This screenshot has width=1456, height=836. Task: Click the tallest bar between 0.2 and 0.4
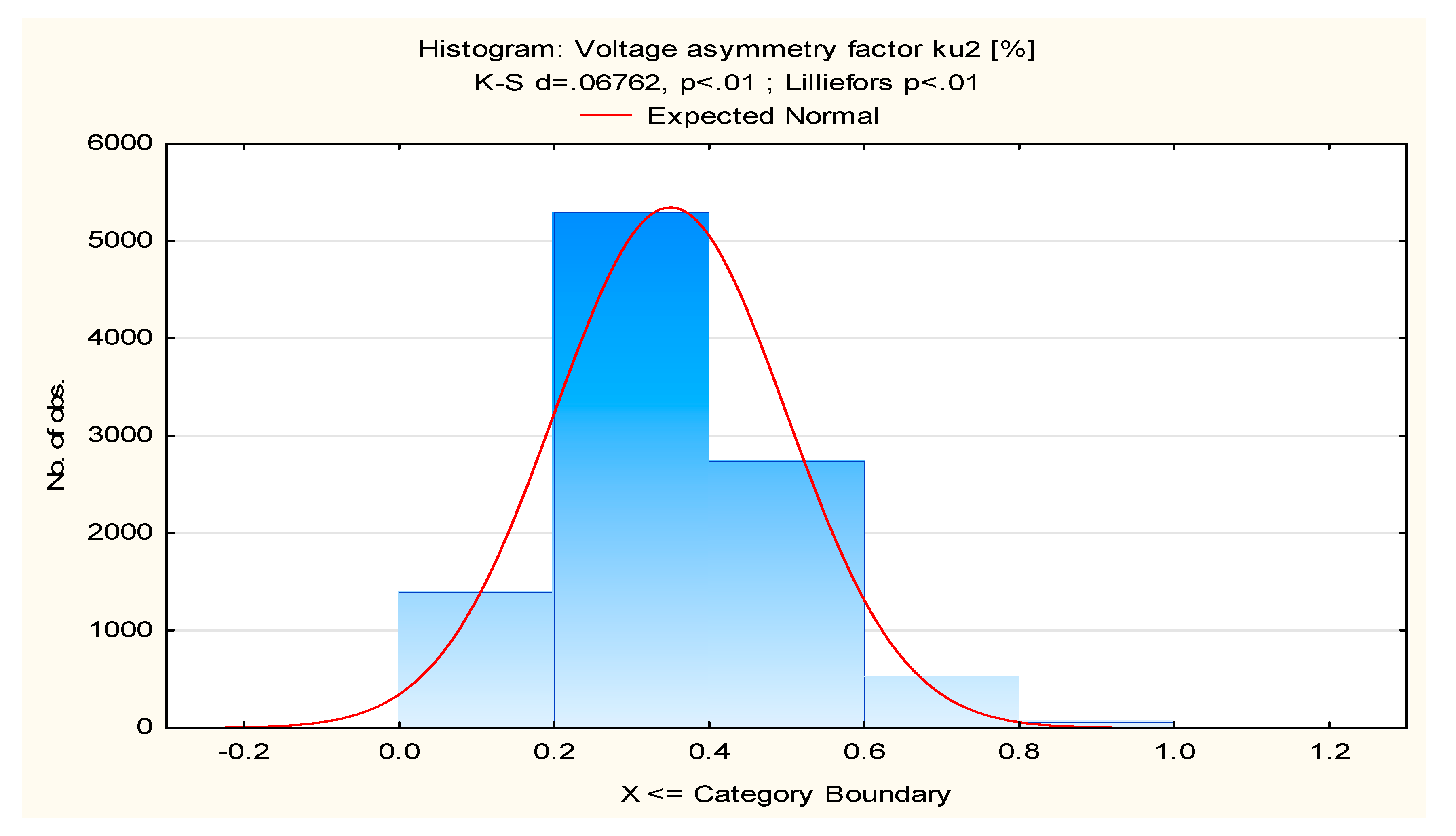point(631,471)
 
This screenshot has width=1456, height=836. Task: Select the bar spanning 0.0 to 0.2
point(476,660)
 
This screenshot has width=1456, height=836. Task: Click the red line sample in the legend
point(606,116)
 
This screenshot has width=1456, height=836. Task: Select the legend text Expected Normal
point(762,116)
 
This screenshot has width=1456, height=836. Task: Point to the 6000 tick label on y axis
point(120,143)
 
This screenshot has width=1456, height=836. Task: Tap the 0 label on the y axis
point(144,727)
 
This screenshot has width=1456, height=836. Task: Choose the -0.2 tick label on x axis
point(244,752)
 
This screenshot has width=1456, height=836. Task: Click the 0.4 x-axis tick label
point(709,752)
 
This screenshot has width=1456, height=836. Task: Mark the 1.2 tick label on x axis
point(1329,752)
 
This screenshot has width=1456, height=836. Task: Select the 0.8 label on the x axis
point(1019,752)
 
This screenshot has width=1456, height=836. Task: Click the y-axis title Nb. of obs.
point(56,435)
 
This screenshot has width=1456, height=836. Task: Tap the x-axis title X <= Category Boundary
point(785,794)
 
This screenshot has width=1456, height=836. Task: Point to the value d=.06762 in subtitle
point(600,83)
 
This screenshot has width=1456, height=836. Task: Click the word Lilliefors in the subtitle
point(838,83)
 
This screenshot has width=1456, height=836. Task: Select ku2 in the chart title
point(956,49)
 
